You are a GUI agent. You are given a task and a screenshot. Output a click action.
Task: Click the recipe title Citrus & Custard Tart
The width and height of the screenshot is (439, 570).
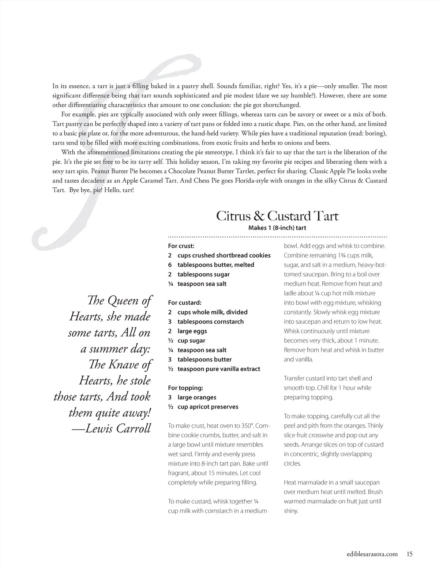(277, 216)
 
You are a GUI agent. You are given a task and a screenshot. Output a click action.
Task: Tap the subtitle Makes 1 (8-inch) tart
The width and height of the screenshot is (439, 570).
(277, 228)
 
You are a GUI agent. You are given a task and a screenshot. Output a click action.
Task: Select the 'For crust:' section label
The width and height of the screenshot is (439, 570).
(181, 246)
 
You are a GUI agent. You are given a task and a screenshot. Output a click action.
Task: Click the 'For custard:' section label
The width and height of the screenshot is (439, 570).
(185, 303)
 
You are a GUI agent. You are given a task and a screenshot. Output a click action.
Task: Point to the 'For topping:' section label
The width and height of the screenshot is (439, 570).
(185, 388)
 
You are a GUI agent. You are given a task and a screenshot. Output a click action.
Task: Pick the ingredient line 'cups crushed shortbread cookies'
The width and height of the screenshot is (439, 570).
(224, 255)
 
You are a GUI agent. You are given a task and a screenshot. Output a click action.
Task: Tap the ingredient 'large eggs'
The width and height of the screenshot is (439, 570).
(192, 331)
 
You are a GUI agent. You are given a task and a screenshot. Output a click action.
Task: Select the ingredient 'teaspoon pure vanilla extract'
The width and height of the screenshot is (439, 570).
(219, 369)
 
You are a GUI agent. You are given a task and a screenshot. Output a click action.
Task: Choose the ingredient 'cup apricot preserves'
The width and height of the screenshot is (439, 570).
(208, 407)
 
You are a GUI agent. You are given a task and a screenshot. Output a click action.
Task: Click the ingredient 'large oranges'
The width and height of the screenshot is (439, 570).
(197, 397)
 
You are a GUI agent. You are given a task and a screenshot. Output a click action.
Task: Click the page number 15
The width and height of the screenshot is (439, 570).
(409, 554)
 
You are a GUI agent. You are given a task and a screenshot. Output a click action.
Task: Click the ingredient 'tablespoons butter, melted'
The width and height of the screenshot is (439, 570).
(216, 265)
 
